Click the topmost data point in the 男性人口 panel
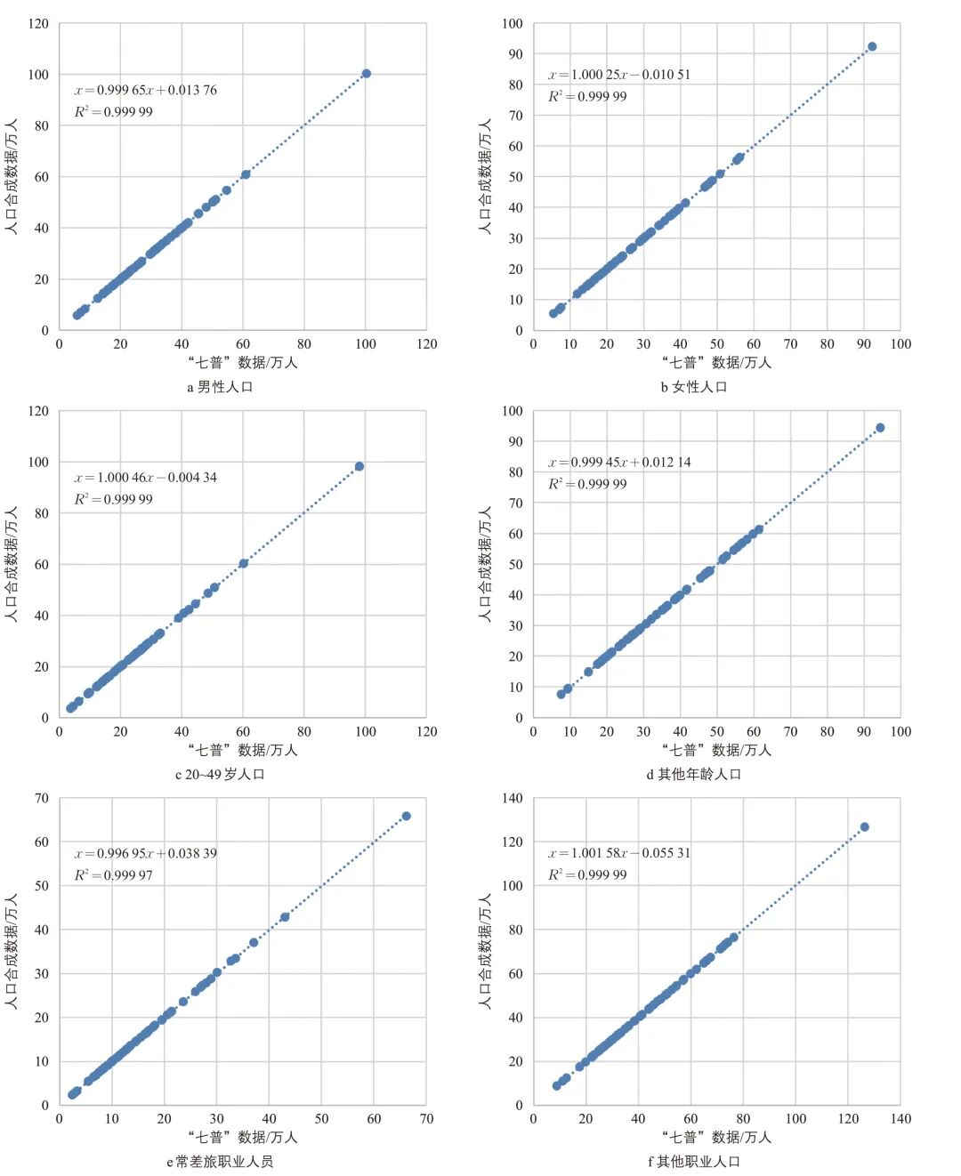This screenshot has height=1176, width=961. pos(366,74)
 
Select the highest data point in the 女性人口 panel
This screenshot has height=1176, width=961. pos(872,46)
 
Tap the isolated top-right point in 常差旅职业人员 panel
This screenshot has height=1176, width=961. pos(406,816)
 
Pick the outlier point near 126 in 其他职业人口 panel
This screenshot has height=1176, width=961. pos(864,827)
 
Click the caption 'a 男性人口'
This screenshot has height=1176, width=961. pos(220,387)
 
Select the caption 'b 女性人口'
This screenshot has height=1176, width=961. pos(694,387)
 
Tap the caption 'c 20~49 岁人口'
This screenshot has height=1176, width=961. pos(220,774)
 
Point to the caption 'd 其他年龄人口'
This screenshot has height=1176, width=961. pos(694,774)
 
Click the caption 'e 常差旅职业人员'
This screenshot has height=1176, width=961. pos(220,1162)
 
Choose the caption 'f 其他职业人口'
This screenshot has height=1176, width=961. pos(694,1162)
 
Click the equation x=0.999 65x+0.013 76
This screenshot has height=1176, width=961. pos(145,90)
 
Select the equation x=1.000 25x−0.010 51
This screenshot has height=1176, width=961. pos(618,75)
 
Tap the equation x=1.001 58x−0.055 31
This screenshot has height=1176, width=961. pos(618,853)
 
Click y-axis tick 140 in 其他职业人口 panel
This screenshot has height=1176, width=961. pos(513,798)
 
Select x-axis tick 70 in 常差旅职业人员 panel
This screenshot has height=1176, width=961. pos(426,1119)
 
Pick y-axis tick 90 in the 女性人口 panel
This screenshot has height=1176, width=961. pos(516,54)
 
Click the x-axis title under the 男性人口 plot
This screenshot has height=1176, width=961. pos(243,363)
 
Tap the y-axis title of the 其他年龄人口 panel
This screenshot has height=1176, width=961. pos(485,564)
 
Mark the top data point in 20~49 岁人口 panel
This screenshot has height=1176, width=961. pos(359,466)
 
